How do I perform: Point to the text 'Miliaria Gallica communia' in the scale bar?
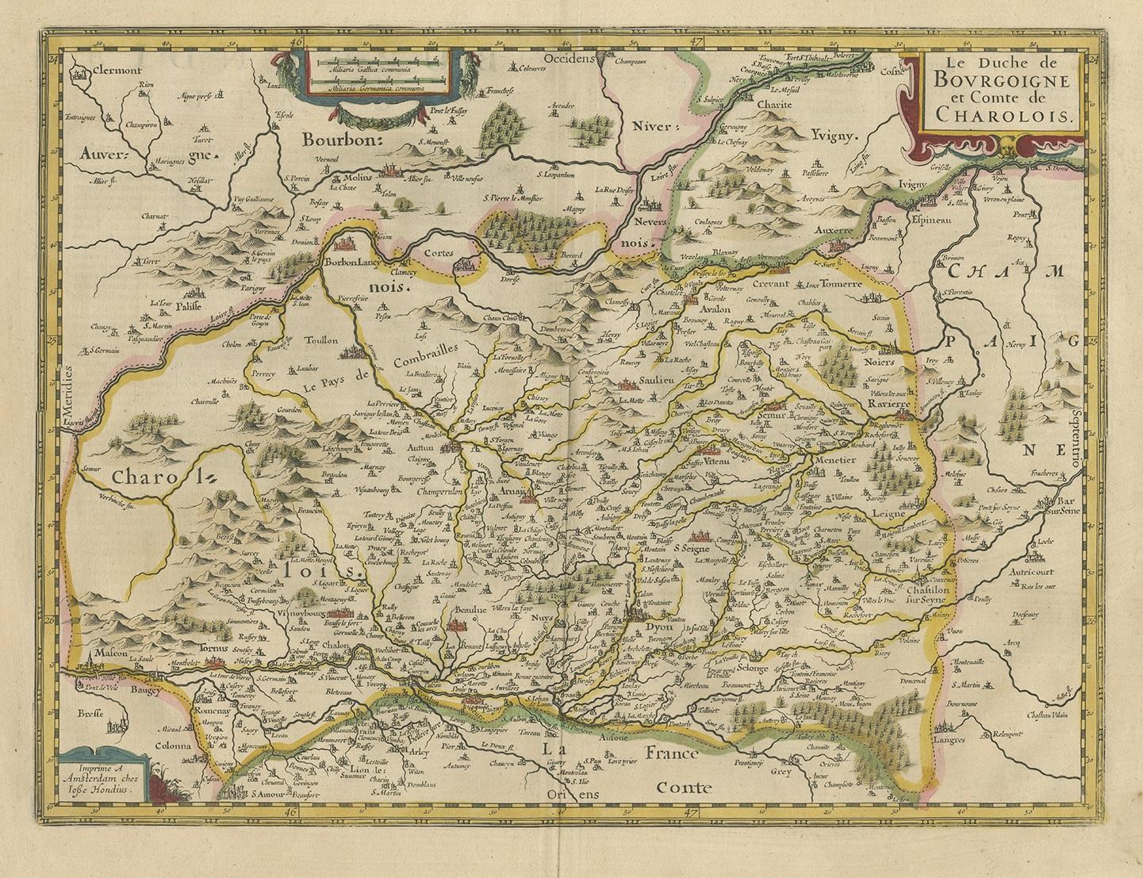point(377,71)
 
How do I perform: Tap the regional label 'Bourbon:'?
point(341,139)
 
